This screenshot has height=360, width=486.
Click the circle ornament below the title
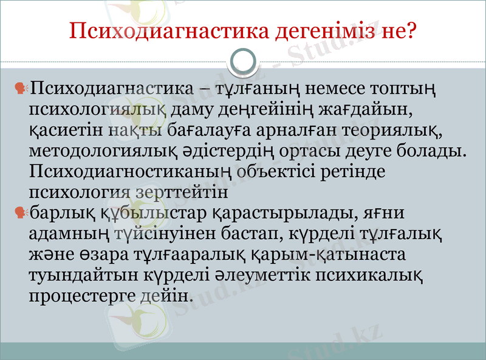coord(244,61)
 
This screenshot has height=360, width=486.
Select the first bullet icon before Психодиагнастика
coord(21,89)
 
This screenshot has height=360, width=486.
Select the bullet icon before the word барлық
coord(21,212)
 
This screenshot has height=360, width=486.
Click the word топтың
coord(419,89)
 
